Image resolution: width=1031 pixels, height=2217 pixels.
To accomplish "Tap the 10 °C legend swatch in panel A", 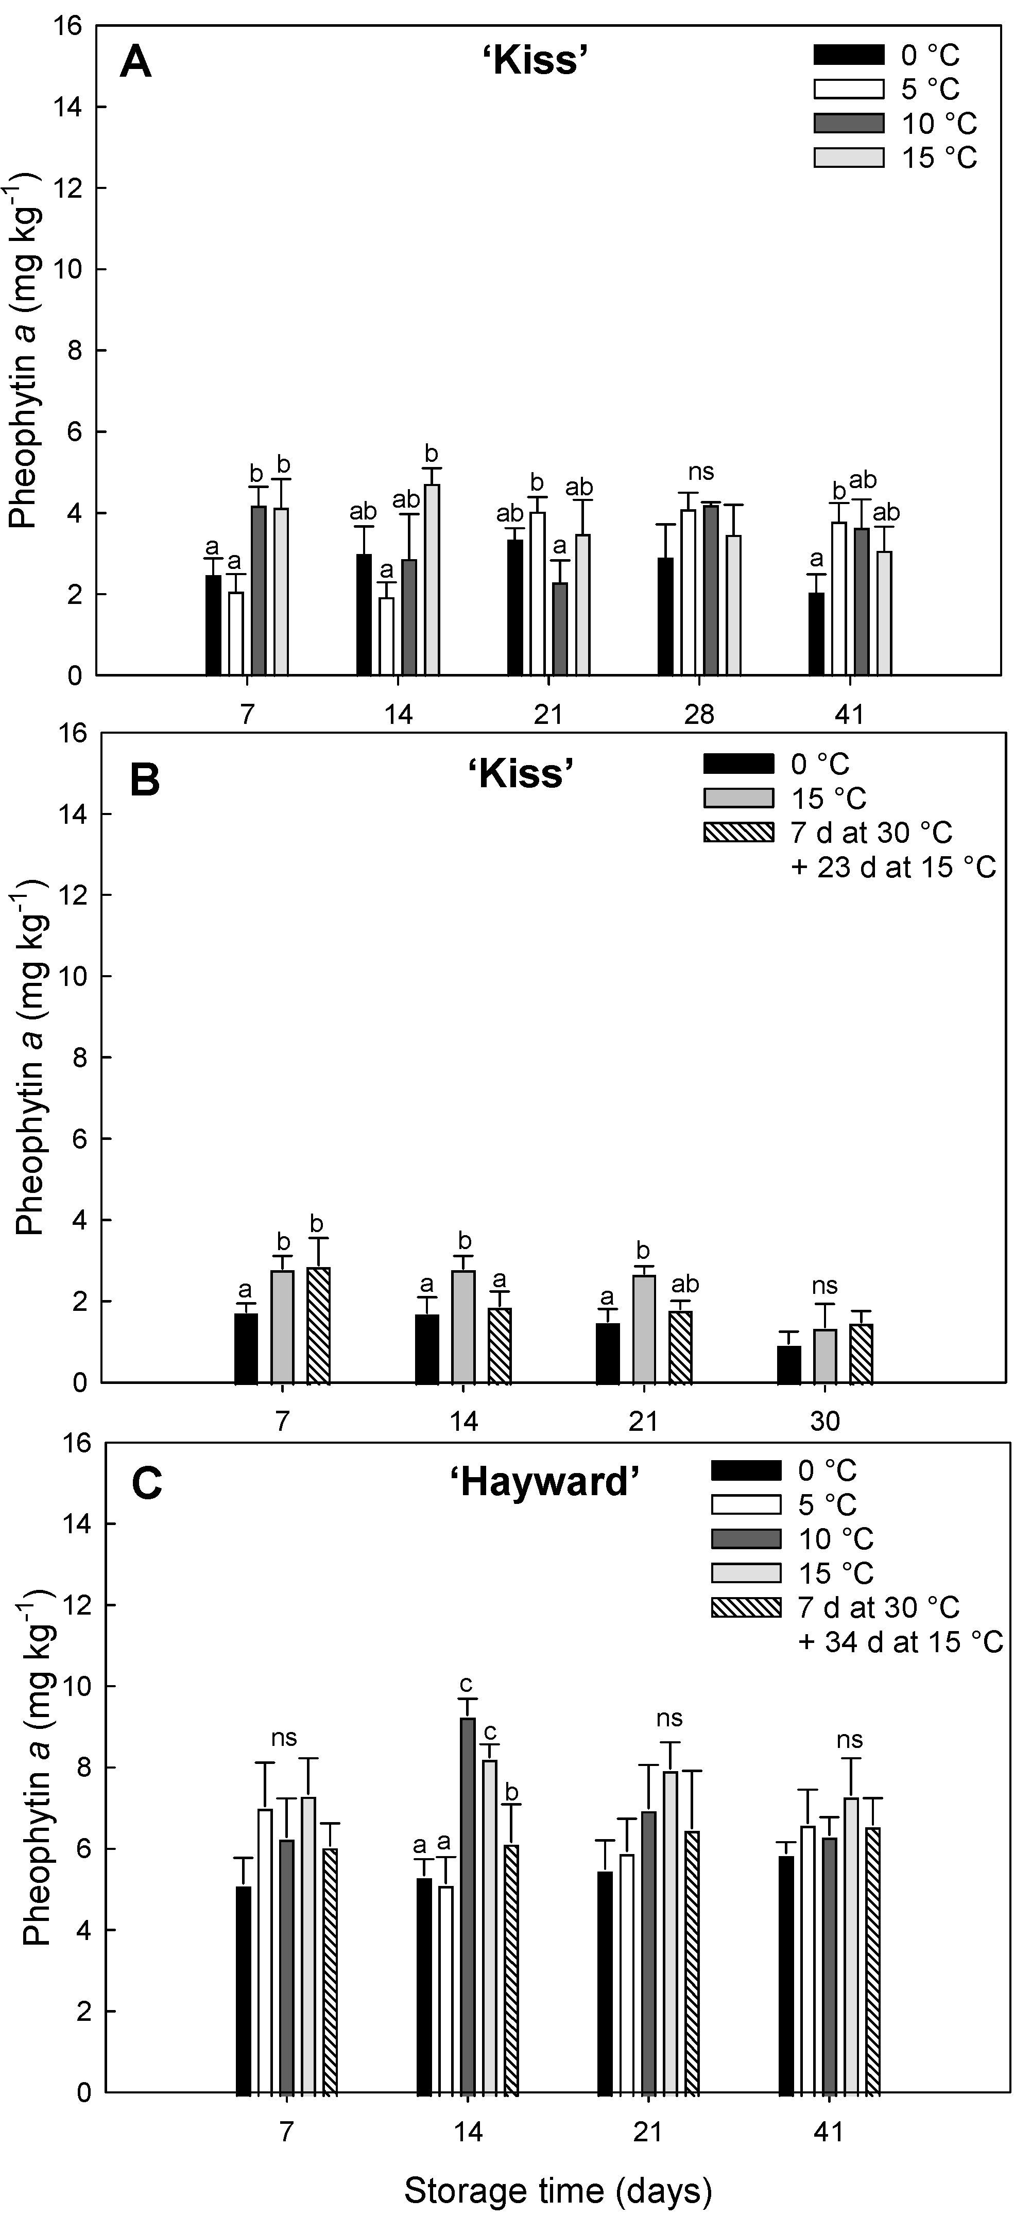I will tap(849, 123).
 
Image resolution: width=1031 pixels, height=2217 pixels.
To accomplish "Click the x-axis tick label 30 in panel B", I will tap(824, 1420).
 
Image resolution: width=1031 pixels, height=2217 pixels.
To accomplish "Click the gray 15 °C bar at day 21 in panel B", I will tap(643, 1328).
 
